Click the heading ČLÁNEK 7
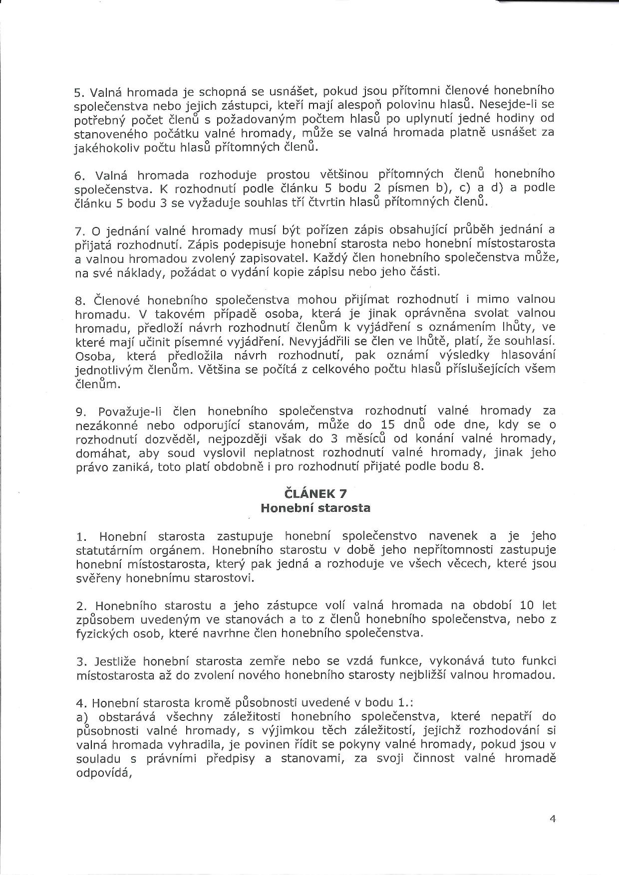315,493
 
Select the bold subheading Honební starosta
315,508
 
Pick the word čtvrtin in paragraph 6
352,202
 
